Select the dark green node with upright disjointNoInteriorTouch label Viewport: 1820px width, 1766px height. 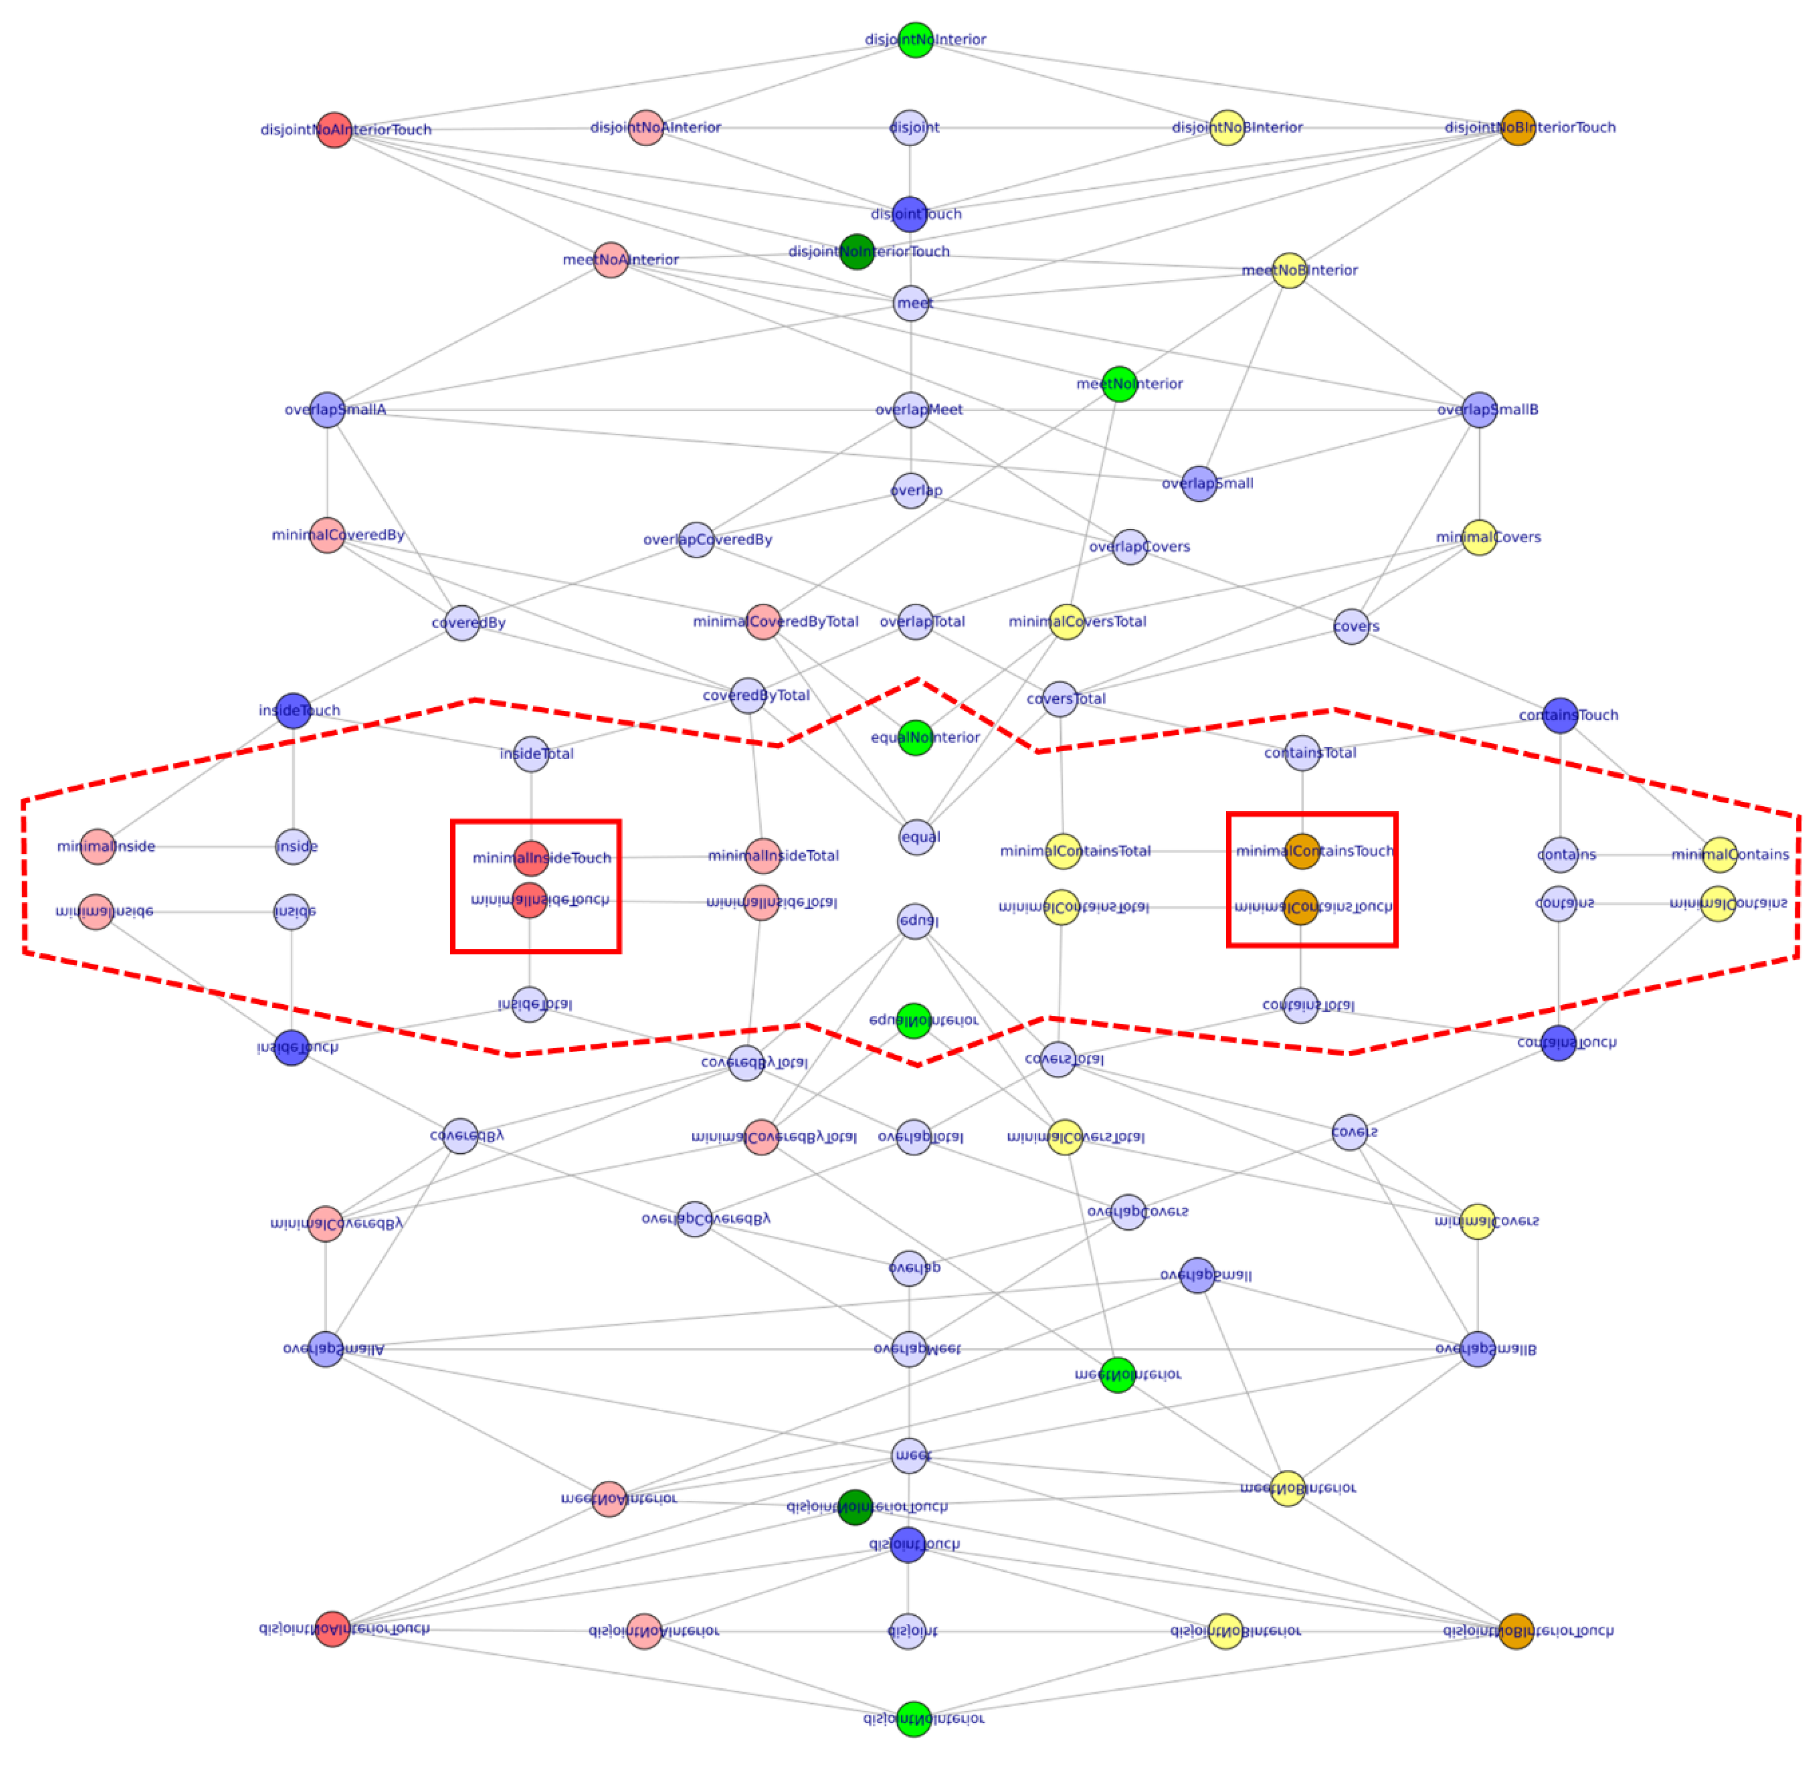pyautogui.click(x=856, y=252)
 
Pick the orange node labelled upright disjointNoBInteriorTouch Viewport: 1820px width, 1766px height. pyautogui.click(x=1517, y=127)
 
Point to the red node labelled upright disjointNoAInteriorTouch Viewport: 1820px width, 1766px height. pyautogui.click(x=334, y=130)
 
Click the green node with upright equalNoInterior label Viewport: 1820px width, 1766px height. pyautogui.click(x=916, y=737)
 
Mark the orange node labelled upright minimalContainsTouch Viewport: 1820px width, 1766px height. pyautogui.click(x=1302, y=851)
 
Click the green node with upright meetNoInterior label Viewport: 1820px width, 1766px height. pyautogui.click(x=1119, y=384)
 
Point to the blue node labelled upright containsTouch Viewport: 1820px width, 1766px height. pyautogui.click(x=1560, y=715)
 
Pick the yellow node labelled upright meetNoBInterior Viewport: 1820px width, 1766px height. pyautogui.click(x=1289, y=270)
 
